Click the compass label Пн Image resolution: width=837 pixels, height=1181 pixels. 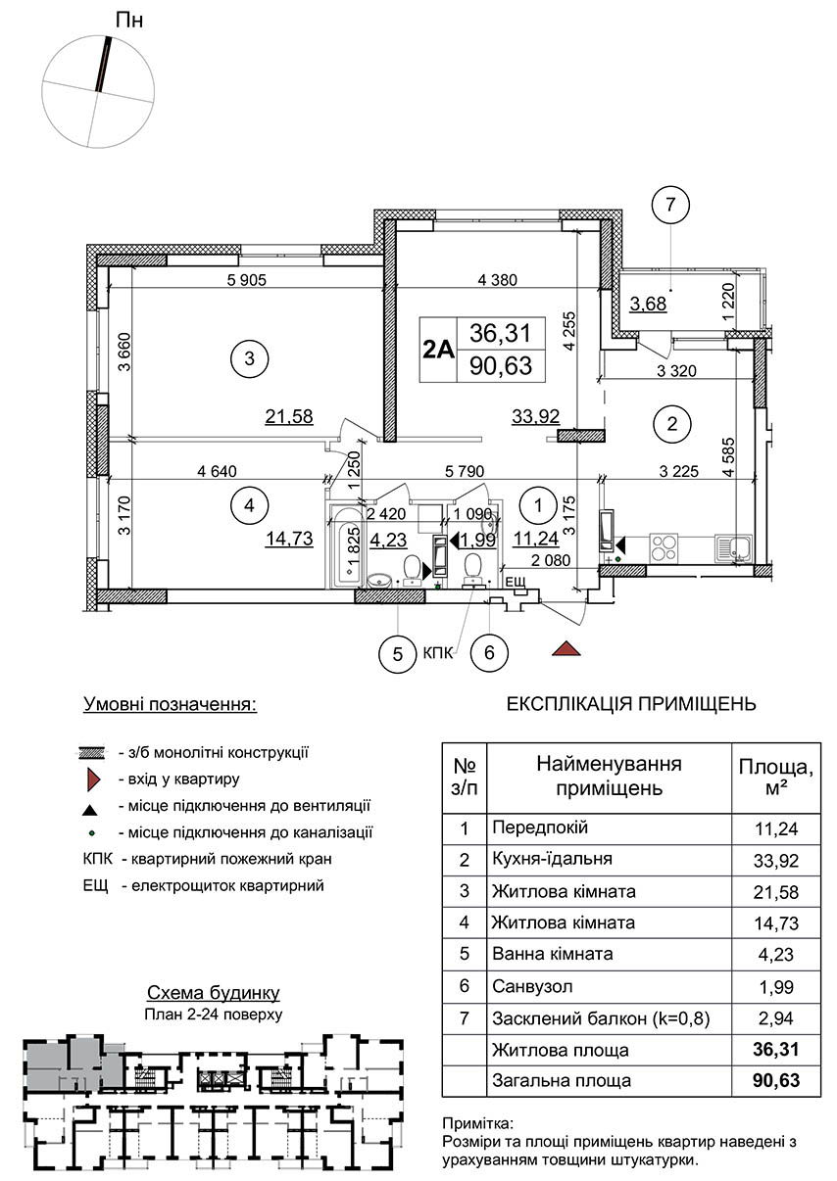[x=128, y=21]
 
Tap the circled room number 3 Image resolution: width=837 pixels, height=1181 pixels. [x=250, y=359]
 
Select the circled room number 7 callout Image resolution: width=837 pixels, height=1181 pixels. [x=670, y=205]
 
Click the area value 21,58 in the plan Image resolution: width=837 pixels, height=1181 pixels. [x=289, y=416]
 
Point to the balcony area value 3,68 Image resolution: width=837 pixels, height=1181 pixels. [x=649, y=305]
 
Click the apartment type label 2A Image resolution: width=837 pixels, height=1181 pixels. [x=438, y=349]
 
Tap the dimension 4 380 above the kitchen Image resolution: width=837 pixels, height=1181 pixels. [x=497, y=279]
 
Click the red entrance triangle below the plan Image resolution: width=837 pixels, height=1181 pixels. [x=566, y=648]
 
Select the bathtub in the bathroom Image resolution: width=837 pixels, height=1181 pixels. [x=346, y=545]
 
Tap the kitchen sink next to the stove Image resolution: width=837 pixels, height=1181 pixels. [x=734, y=547]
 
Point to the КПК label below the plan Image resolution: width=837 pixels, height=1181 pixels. [x=438, y=653]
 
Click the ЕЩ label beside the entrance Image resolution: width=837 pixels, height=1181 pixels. [x=516, y=582]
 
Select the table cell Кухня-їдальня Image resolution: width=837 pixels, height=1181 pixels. [x=552, y=859]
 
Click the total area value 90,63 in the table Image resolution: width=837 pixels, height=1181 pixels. [x=776, y=1080]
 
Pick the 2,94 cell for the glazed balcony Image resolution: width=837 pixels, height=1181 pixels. [x=776, y=1018]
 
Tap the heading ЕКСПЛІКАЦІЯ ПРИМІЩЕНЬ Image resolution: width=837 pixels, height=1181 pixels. [x=631, y=704]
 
